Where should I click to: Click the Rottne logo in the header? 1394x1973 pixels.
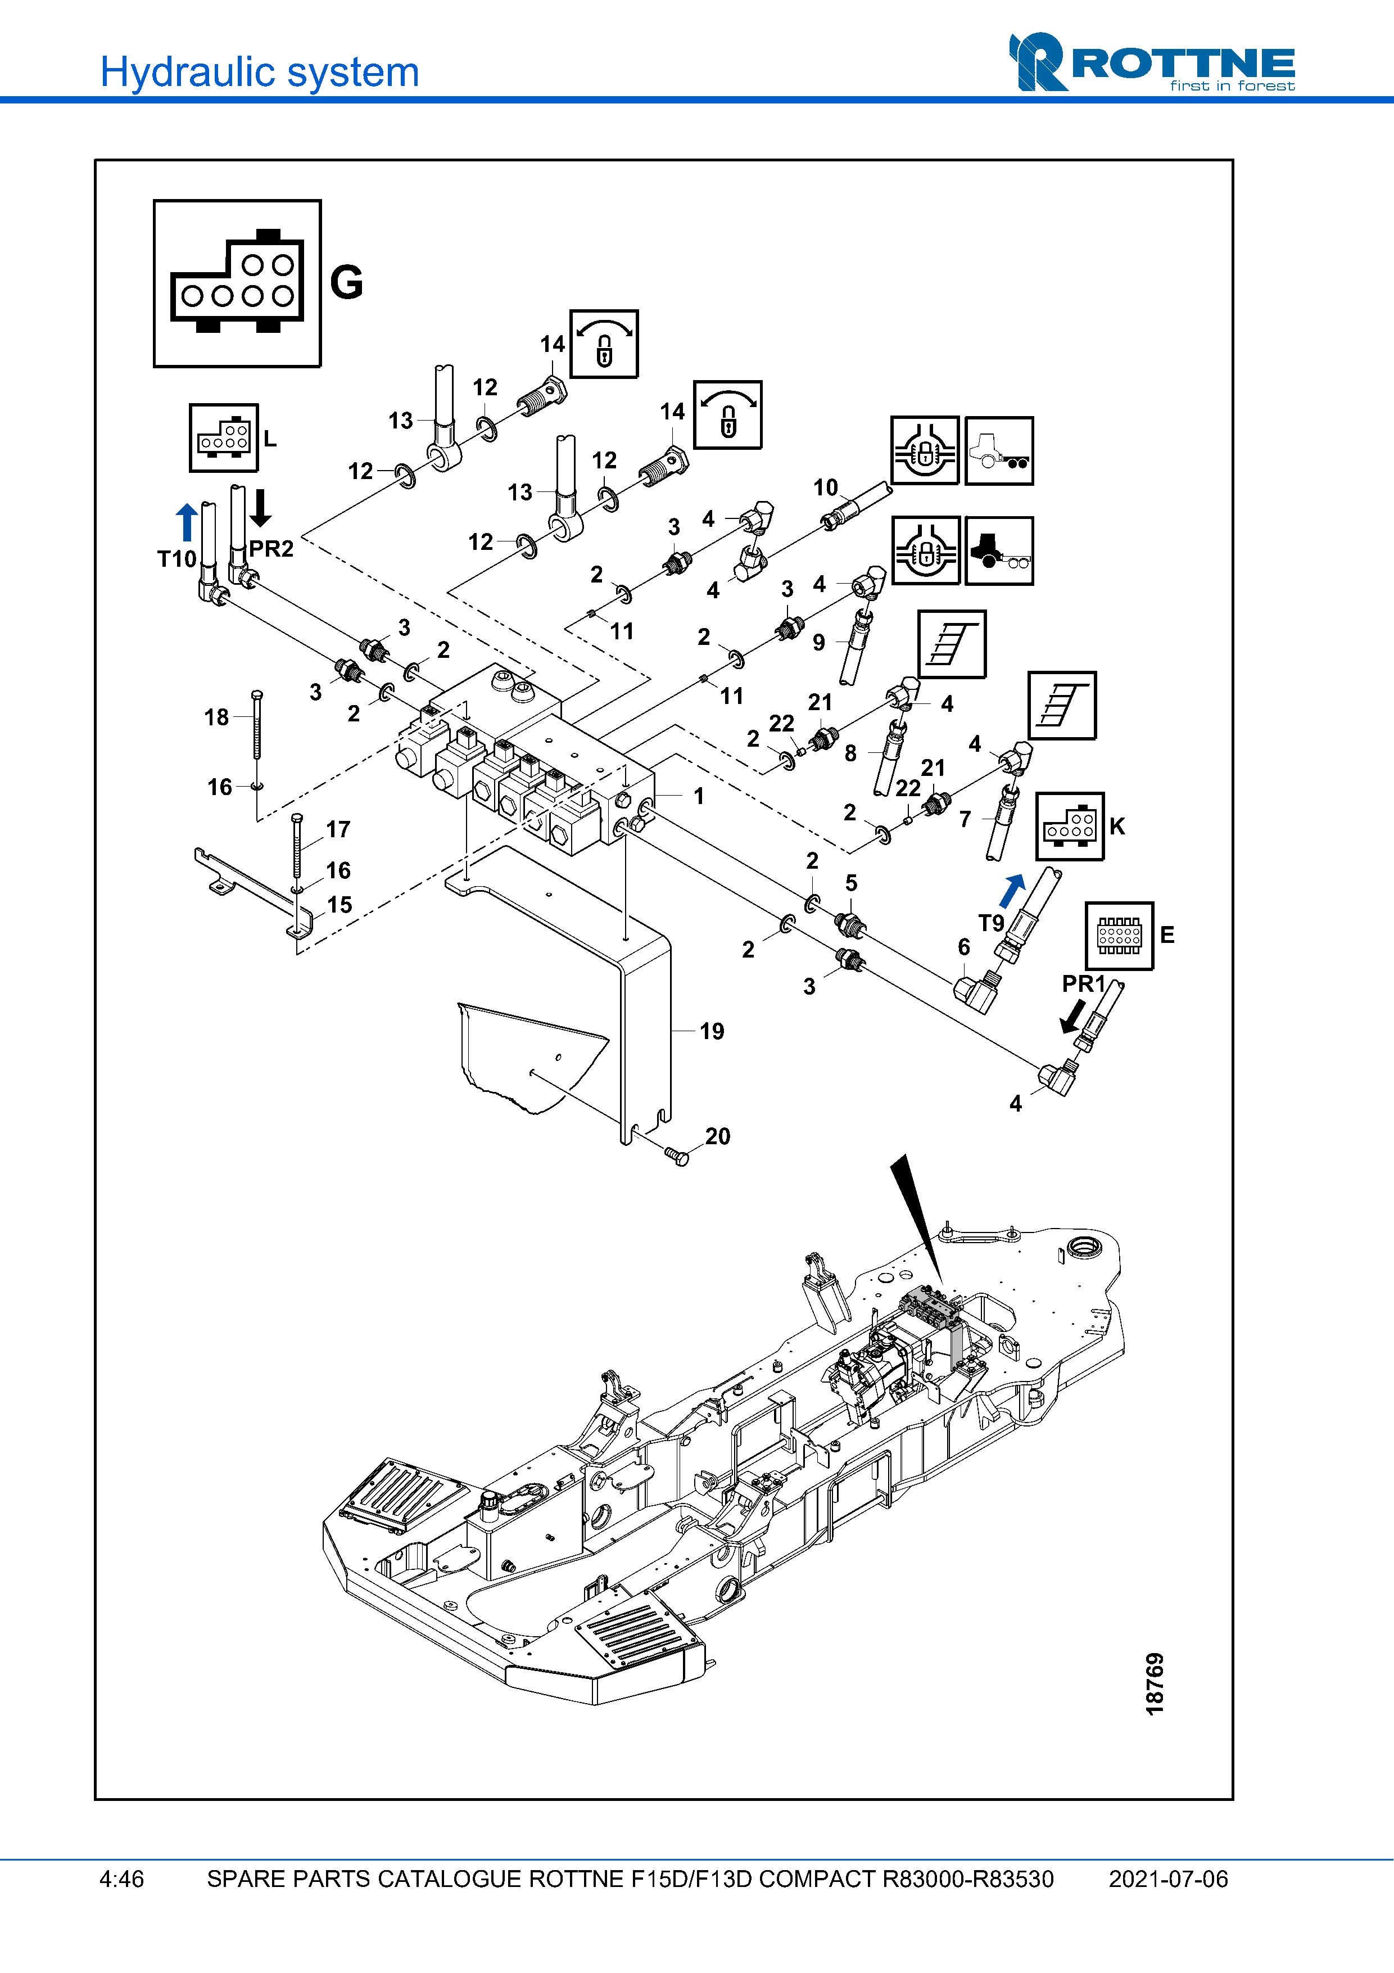click(1151, 63)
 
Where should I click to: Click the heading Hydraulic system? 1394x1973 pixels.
click(259, 72)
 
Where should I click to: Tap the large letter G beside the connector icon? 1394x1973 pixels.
click(346, 283)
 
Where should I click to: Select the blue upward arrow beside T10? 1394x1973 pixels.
click(187, 522)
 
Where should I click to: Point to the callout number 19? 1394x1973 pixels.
click(711, 1031)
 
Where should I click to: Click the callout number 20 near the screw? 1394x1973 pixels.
click(717, 1136)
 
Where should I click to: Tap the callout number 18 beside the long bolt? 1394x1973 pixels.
click(216, 717)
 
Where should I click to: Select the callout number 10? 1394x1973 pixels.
click(825, 487)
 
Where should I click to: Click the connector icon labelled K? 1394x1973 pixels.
click(1069, 827)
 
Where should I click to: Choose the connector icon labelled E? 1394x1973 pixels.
click(1119, 935)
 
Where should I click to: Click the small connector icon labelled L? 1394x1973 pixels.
click(223, 438)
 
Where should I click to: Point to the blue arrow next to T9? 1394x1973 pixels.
click(1013, 890)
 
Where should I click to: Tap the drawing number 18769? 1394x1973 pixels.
click(1155, 1683)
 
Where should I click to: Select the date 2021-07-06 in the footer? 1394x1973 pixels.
click(1168, 1879)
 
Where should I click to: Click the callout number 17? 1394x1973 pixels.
click(338, 829)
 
